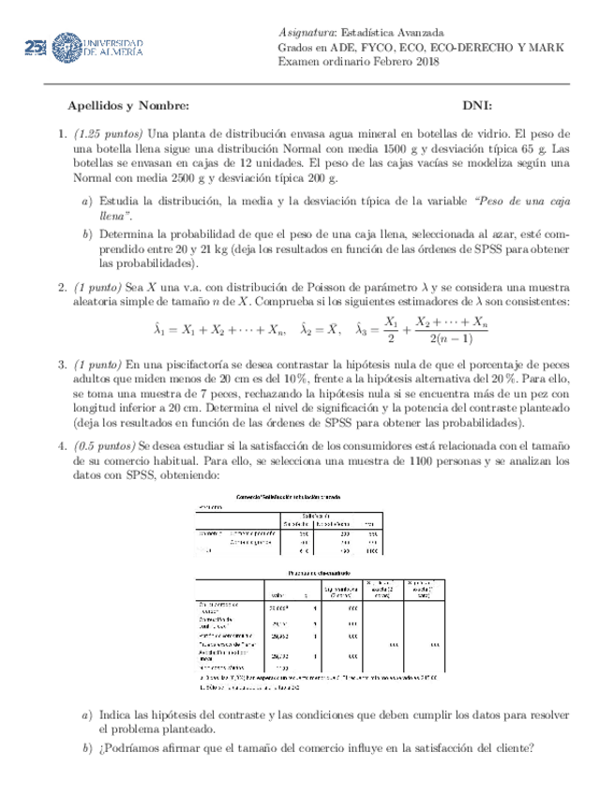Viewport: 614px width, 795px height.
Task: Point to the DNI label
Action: (x=478, y=105)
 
